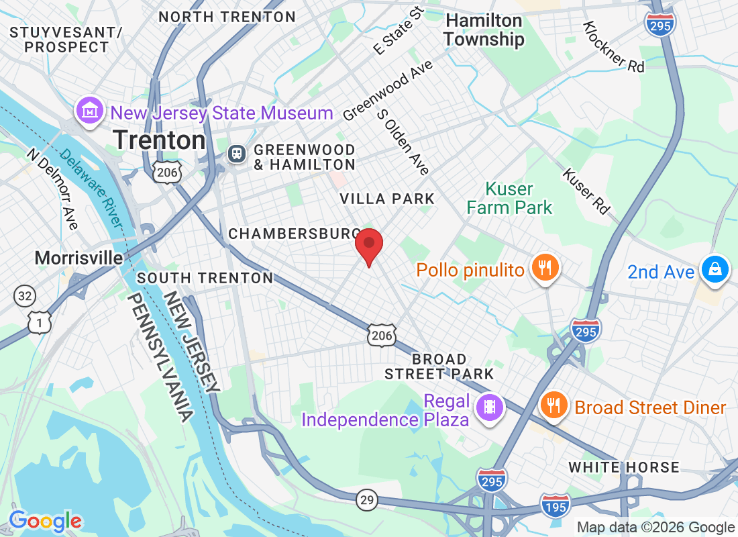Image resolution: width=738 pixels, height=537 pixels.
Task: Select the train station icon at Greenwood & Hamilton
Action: click(237, 154)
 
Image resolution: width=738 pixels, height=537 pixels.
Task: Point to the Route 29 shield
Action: click(367, 500)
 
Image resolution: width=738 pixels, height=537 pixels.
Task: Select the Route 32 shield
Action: click(24, 295)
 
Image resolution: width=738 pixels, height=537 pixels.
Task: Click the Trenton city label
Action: click(159, 140)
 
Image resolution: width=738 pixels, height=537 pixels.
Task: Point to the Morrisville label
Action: click(79, 258)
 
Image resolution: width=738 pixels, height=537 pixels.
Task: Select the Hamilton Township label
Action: click(484, 30)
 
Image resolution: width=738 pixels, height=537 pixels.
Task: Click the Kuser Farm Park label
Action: click(510, 198)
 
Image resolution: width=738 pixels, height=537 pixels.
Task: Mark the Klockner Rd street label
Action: click(613, 46)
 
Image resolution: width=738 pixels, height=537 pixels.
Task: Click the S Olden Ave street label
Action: click(403, 142)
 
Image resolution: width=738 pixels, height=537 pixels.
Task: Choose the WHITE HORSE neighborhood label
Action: click(624, 467)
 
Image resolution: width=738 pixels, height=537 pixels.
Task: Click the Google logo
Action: click(45, 521)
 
